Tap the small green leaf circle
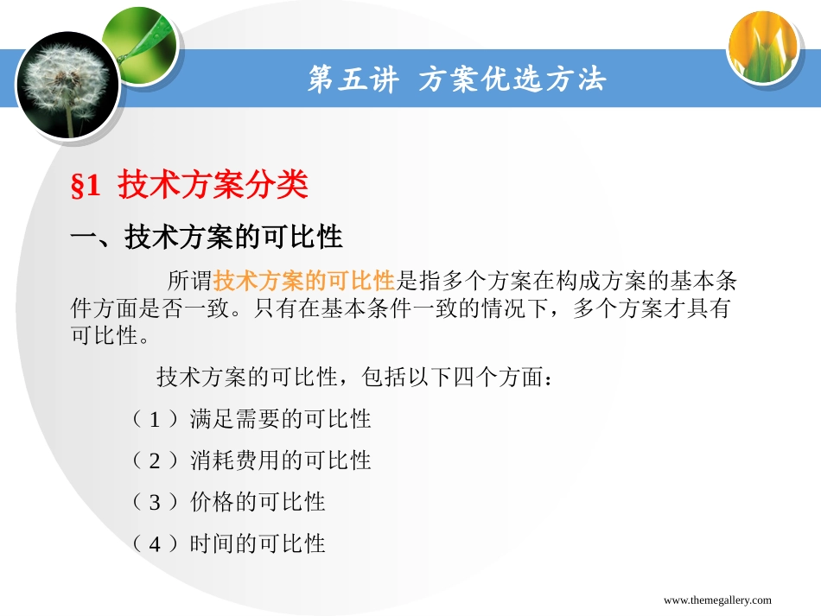139,41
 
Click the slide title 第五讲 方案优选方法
457,80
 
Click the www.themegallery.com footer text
717,600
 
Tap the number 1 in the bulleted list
156,420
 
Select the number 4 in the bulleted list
156,544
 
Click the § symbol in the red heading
76,187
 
